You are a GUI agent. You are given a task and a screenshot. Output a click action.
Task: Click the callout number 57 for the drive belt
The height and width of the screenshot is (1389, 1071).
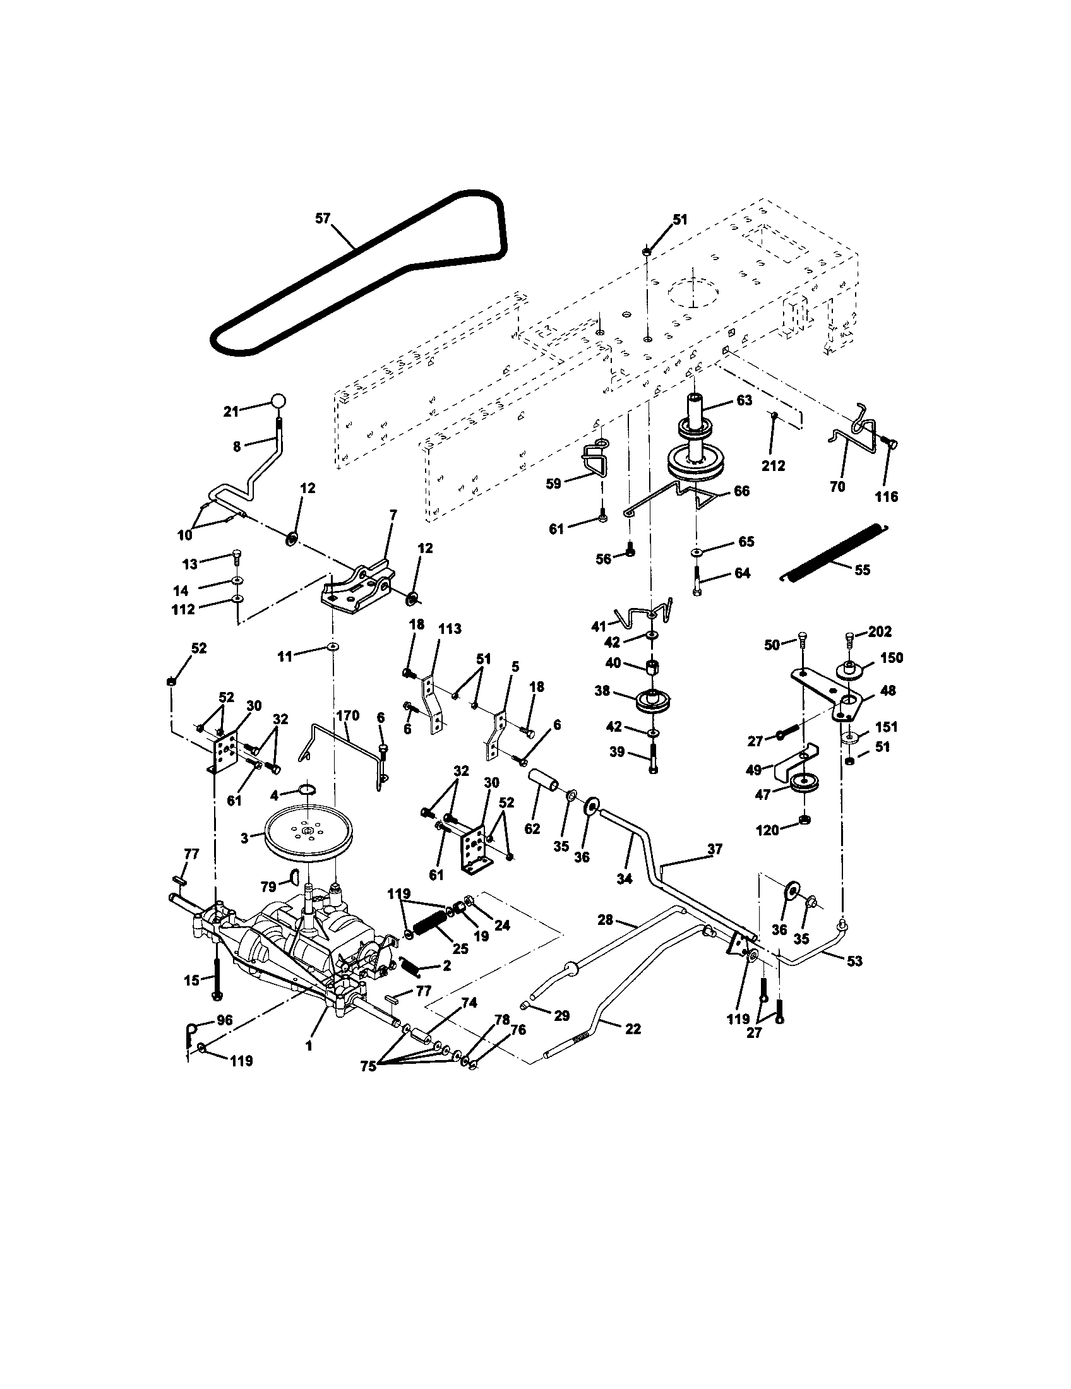[323, 218]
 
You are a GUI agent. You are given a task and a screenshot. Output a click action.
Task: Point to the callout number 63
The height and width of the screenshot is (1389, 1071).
[744, 400]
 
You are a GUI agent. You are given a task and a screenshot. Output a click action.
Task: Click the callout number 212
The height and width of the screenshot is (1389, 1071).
[774, 465]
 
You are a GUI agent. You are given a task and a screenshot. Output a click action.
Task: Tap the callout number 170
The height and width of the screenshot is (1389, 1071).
[348, 715]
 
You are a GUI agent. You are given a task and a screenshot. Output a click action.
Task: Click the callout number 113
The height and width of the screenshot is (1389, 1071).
[450, 629]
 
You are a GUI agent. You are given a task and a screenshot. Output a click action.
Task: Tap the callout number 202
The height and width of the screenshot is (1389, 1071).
[880, 631]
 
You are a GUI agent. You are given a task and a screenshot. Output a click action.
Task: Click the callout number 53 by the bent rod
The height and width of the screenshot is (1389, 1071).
[854, 961]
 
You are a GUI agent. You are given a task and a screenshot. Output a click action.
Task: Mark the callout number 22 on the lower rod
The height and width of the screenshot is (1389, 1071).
[633, 1028]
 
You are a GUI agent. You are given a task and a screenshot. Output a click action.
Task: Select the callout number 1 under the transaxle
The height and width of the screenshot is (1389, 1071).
[308, 1045]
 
